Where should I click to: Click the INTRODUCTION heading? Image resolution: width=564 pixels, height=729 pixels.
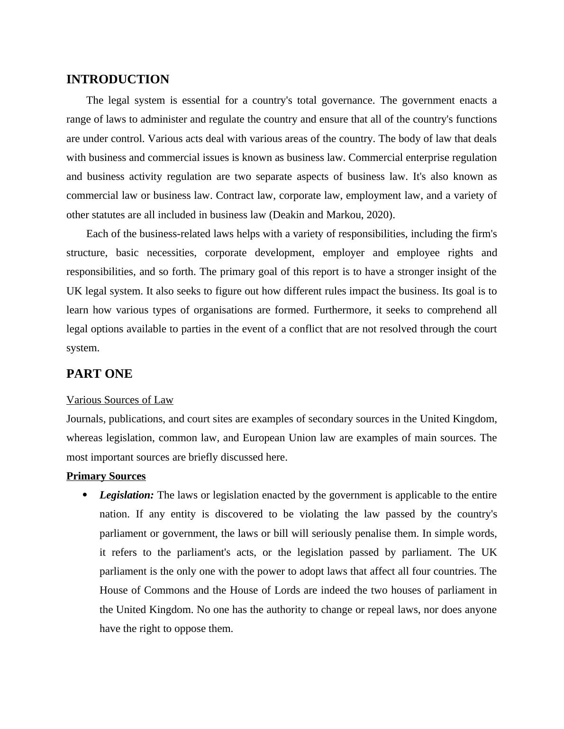118,80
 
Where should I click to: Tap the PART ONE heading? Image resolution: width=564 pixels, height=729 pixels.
99,374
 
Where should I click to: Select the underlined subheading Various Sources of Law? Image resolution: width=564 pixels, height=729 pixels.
120,400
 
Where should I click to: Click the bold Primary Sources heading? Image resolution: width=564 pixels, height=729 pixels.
106,476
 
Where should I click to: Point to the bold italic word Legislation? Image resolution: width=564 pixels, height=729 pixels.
127,495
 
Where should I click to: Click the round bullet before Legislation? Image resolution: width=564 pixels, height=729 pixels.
85,495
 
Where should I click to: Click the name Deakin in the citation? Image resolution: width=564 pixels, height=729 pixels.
288,215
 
